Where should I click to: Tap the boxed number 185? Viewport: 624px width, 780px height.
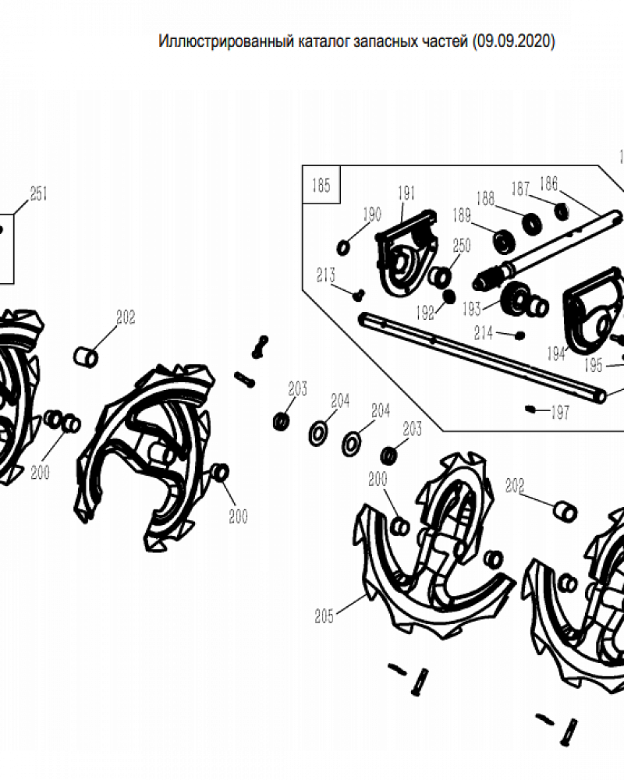321,186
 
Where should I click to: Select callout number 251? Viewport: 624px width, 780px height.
39,193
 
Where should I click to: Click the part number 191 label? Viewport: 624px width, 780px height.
406,193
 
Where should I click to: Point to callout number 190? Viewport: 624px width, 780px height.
372,214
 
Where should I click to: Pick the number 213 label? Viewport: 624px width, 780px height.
326,275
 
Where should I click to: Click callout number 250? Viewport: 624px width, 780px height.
462,245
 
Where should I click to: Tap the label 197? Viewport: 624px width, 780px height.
560,413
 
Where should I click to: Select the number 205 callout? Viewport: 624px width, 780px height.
324,616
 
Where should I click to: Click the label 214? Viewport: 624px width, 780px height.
483,333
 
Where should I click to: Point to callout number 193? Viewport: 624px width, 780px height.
471,309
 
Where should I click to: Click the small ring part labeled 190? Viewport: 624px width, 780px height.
343,247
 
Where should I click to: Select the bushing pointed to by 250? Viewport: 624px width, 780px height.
440,277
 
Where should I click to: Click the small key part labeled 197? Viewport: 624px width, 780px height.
530,409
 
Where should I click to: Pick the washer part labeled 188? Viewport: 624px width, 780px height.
532,223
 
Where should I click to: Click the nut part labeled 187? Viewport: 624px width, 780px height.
562,211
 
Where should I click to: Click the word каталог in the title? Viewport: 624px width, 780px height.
324,41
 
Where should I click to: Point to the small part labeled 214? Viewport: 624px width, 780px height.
519,335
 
